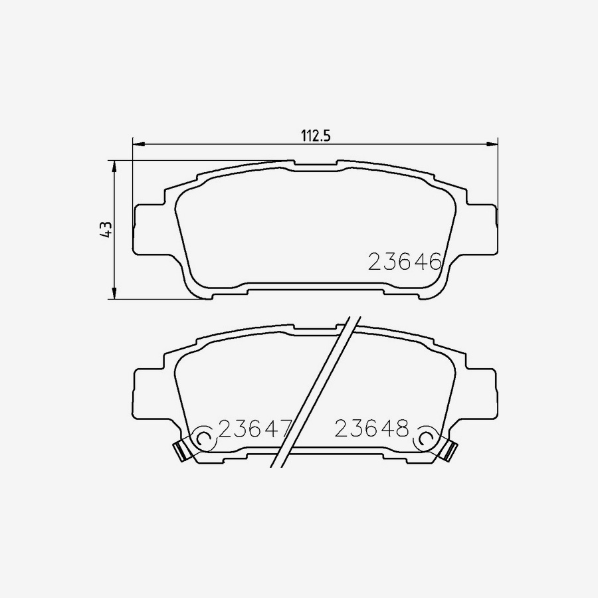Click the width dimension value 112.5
click(316, 136)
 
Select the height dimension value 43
click(104, 229)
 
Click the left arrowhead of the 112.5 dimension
click(138, 144)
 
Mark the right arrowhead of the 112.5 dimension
click(492, 144)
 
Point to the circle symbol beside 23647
click(204, 439)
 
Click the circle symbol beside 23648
click(424, 439)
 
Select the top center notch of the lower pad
click(316, 328)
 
